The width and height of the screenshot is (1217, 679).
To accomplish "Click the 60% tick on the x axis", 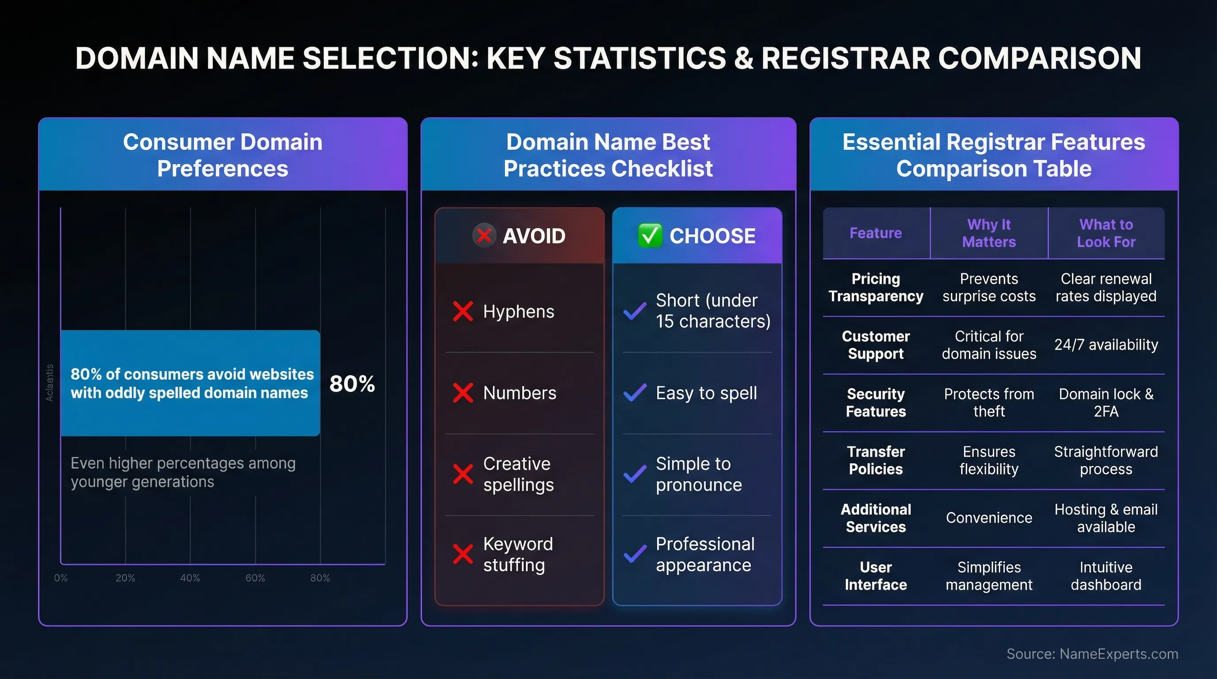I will [x=255, y=578].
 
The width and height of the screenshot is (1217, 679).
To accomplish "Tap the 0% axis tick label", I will [x=61, y=578].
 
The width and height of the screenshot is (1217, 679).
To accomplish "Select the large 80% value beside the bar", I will [x=352, y=383].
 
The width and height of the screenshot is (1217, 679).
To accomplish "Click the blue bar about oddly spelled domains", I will [x=191, y=383].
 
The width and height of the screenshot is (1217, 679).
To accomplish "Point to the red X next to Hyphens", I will [x=463, y=312].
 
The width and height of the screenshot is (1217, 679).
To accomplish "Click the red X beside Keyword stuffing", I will [x=463, y=554].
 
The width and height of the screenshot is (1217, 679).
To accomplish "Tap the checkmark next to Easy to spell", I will [x=635, y=393].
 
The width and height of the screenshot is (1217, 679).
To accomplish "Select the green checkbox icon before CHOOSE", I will [x=650, y=236].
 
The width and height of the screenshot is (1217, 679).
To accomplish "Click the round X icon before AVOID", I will [x=484, y=235].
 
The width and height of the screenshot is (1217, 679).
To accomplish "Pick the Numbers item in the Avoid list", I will [x=519, y=393].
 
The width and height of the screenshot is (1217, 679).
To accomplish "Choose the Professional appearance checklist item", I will [x=704, y=554].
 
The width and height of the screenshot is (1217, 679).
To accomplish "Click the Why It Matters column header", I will [x=988, y=233].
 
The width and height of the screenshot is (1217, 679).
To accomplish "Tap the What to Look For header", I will [x=1106, y=233].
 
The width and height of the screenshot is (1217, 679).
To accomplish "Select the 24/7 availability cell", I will [x=1106, y=345].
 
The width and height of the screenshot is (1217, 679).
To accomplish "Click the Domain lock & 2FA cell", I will [x=1106, y=402].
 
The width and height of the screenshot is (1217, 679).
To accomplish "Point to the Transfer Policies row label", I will [x=876, y=460].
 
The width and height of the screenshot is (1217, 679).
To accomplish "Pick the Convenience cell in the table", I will [x=988, y=518].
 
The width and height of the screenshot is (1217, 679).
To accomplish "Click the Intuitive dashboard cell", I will [x=1106, y=576].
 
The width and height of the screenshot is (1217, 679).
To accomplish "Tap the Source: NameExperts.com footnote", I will [x=1092, y=653].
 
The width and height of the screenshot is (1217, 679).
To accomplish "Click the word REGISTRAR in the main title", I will [x=845, y=58].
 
